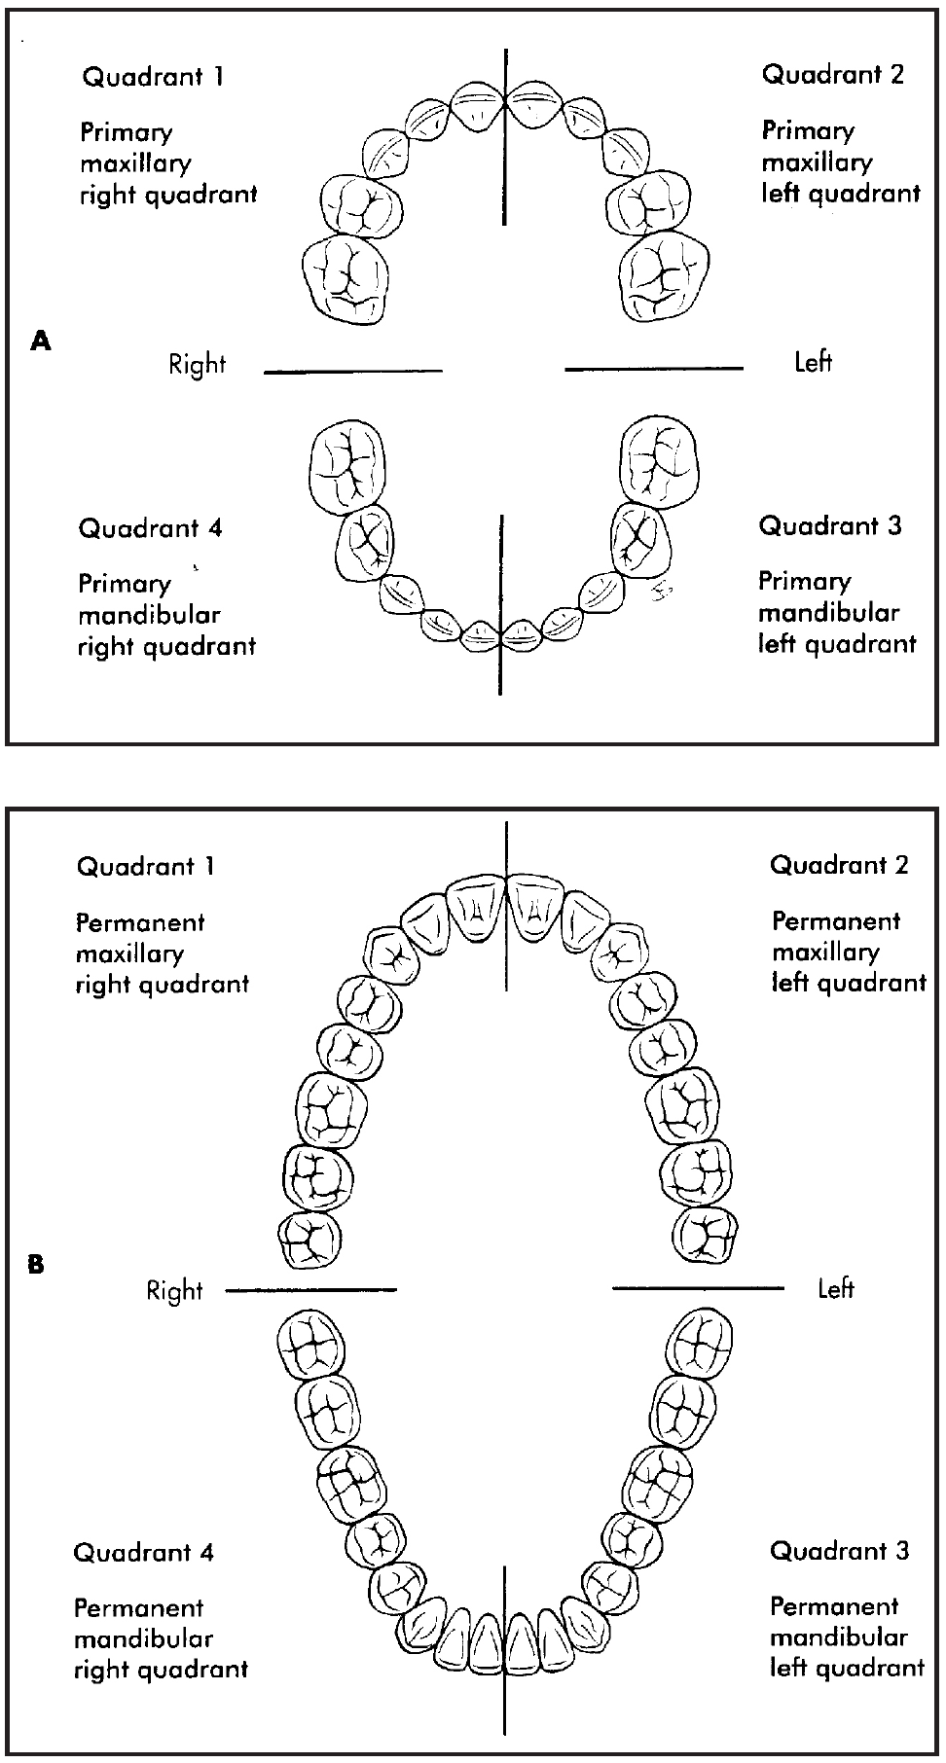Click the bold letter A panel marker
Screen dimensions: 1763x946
pyautogui.click(x=40, y=341)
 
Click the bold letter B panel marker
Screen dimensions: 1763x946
pyautogui.click(x=36, y=1265)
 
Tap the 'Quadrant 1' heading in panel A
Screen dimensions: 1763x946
pyautogui.click(x=153, y=77)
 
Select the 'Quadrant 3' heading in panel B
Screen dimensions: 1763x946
pyautogui.click(x=839, y=1550)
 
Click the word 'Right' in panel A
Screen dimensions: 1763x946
pyautogui.click(x=197, y=365)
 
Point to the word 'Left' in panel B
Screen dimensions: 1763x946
pyautogui.click(x=835, y=1289)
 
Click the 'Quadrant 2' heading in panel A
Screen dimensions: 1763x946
pyautogui.click(x=832, y=74)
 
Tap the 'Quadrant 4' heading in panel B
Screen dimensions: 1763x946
pyautogui.click(x=143, y=1552)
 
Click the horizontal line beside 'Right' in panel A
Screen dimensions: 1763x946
pyautogui.click(x=352, y=371)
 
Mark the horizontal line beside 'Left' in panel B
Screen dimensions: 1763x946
pyautogui.click(x=697, y=1288)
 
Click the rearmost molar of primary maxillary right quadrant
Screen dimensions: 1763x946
pyautogui.click(x=346, y=276)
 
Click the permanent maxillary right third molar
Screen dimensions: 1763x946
pyautogui.click(x=309, y=1241)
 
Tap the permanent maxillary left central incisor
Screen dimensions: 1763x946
pyautogui.click(x=534, y=907)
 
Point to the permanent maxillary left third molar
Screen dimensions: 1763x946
pyautogui.click(x=706, y=1239)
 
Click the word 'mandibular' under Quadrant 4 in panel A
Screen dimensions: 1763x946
pyautogui.click(x=149, y=615)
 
